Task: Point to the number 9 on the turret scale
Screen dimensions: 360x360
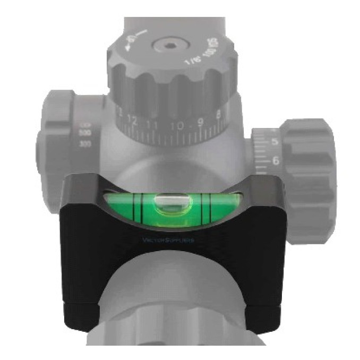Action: (200, 124)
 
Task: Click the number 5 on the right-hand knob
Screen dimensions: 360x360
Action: (275, 142)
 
